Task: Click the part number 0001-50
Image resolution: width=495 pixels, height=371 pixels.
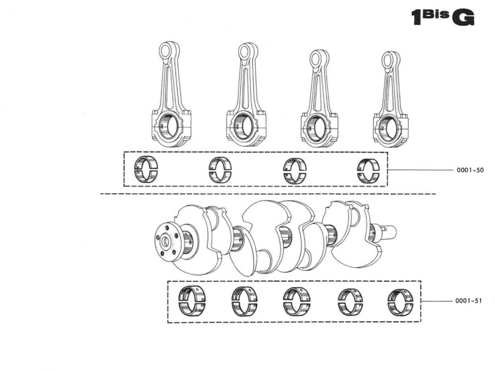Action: pyautogui.click(x=470, y=170)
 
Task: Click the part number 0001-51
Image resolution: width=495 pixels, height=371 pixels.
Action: pyautogui.click(x=468, y=300)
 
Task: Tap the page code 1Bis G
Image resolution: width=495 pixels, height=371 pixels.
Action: pyautogui.click(x=442, y=17)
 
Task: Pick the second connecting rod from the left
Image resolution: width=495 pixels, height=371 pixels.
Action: pyautogui.click(x=246, y=97)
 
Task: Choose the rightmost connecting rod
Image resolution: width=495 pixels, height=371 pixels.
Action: pyautogui.click(x=391, y=101)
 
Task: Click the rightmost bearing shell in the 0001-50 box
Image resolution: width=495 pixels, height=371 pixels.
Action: pyautogui.click(x=368, y=171)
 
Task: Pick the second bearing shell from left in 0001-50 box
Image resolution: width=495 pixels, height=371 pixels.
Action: pyautogui.click(x=220, y=170)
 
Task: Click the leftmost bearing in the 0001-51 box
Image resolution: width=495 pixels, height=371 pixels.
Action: pyautogui.click(x=192, y=301)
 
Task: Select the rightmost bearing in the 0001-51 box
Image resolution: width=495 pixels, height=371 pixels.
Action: pyautogui.click(x=400, y=302)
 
